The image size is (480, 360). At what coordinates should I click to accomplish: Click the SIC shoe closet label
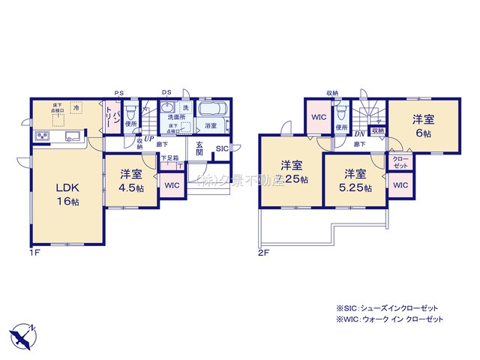point(223,149)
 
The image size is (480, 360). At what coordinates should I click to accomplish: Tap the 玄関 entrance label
point(200,149)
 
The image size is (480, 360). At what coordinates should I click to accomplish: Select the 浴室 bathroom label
point(211,126)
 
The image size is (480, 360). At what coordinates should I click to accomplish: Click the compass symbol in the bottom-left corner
point(23,333)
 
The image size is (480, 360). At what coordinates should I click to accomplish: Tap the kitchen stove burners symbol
point(40,136)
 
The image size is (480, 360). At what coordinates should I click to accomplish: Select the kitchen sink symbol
point(73,136)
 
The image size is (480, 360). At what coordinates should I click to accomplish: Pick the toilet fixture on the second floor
point(341,114)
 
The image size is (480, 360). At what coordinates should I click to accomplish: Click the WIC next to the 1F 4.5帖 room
point(172,185)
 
